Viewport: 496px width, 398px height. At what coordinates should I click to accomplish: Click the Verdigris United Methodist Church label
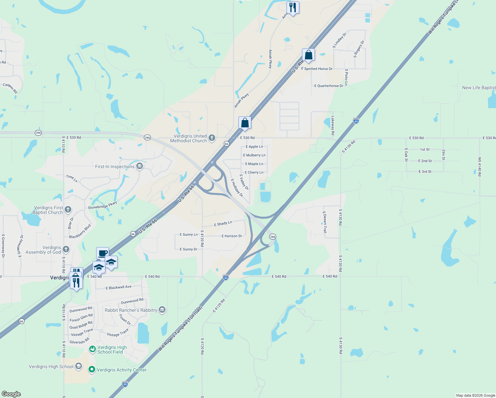(188, 139)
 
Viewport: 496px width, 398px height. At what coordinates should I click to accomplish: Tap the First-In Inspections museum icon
(140, 166)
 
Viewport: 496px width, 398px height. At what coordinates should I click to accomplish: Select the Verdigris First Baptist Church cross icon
(68, 209)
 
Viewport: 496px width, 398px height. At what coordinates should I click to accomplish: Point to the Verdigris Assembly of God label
(43, 250)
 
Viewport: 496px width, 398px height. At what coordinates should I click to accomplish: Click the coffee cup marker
(102, 253)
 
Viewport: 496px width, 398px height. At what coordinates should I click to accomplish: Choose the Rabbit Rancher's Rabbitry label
(131, 310)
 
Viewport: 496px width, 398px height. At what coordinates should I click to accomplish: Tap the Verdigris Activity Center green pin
(92, 369)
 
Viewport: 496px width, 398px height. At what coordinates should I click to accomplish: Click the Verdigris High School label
(51, 366)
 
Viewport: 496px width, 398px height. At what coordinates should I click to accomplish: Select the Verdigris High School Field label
(112, 350)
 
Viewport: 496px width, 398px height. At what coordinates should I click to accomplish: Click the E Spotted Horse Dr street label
(317, 69)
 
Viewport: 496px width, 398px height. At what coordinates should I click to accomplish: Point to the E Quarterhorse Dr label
(329, 86)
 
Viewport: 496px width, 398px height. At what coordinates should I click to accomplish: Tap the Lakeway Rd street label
(333, 125)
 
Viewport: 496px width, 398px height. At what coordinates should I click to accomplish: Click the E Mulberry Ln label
(254, 155)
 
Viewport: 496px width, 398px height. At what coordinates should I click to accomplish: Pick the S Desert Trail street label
(325, 222)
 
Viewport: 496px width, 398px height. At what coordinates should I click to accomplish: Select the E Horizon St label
(232, 236)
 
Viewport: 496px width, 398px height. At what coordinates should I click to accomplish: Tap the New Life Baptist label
(479, 88)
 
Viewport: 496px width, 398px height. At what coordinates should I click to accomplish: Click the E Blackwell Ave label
(118, 288)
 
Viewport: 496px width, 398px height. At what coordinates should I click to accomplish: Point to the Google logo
(11, 394)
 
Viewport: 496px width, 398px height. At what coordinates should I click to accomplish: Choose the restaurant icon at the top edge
(293, 7)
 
